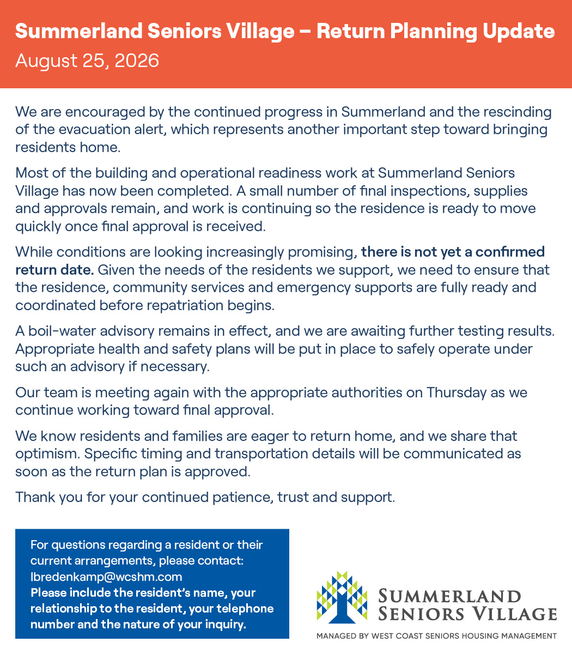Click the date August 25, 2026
[x=87, y=60]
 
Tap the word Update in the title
[x=519, y=32]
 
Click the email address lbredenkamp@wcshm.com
[x=106, y=577]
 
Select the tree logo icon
[x=342, y=597]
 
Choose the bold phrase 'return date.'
[x=54, y=270]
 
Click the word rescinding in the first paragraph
[x=518, y=112]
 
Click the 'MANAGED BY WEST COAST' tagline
[x=436, y=636]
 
